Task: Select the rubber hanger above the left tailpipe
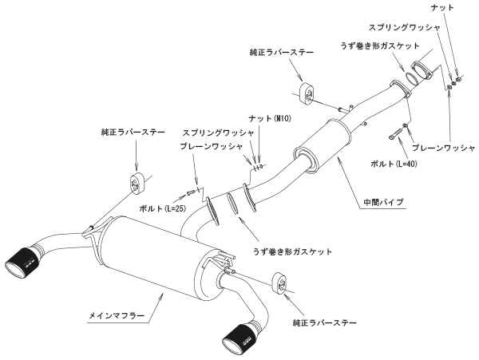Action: click(x=137, y=183)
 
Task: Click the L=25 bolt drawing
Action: click(x=191, y=193)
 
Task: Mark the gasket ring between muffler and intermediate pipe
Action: click(x=232, y=203)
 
